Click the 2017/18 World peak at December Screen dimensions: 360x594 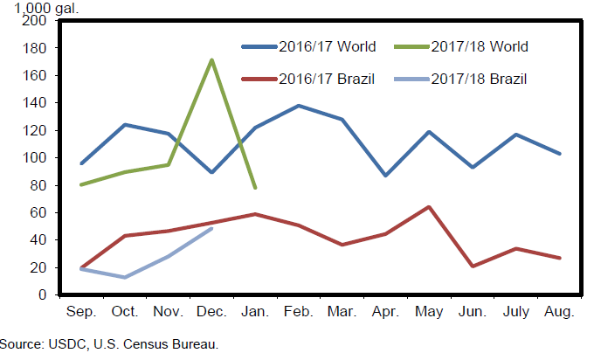211,60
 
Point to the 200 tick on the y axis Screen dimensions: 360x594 35,21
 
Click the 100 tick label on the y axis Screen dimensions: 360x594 35,158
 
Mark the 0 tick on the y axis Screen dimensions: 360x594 42,295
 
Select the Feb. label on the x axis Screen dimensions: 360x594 299,312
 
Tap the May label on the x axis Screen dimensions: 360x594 429,312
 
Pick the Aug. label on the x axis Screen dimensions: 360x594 559,312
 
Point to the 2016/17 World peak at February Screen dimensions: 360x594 299,106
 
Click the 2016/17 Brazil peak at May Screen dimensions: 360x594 429,207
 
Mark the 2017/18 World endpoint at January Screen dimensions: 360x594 255,187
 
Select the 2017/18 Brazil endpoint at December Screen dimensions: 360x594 211,229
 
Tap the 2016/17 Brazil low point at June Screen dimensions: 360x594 473,266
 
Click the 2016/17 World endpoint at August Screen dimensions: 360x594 559,154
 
